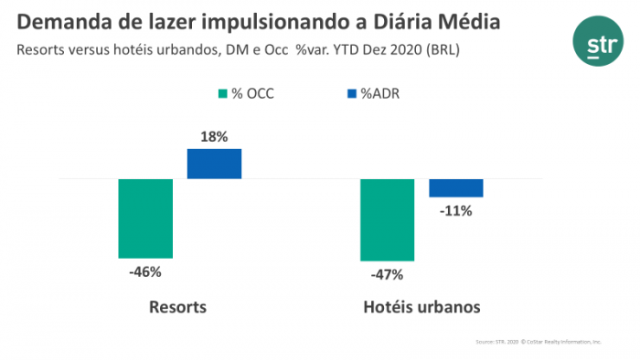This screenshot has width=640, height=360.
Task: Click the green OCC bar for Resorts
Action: [145, 218]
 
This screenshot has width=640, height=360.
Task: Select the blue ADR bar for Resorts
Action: [214, 164]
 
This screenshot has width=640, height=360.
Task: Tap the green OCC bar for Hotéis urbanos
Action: [388, 220]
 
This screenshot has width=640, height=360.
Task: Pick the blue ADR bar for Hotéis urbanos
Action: [456, 188]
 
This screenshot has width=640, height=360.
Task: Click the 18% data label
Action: [214, 136]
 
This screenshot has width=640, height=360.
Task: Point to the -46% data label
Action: [144, 271]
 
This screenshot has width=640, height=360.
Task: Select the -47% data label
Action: [387, 274]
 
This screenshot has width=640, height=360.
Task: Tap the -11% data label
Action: [455, 210]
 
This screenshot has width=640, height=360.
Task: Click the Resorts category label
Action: [177, 306]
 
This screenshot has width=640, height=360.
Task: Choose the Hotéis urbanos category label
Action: [421, 306]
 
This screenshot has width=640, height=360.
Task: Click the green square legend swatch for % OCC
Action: [221, 93]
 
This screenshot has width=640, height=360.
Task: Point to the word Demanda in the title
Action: [62, 21]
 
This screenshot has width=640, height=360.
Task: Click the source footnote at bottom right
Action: [538, 341]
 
